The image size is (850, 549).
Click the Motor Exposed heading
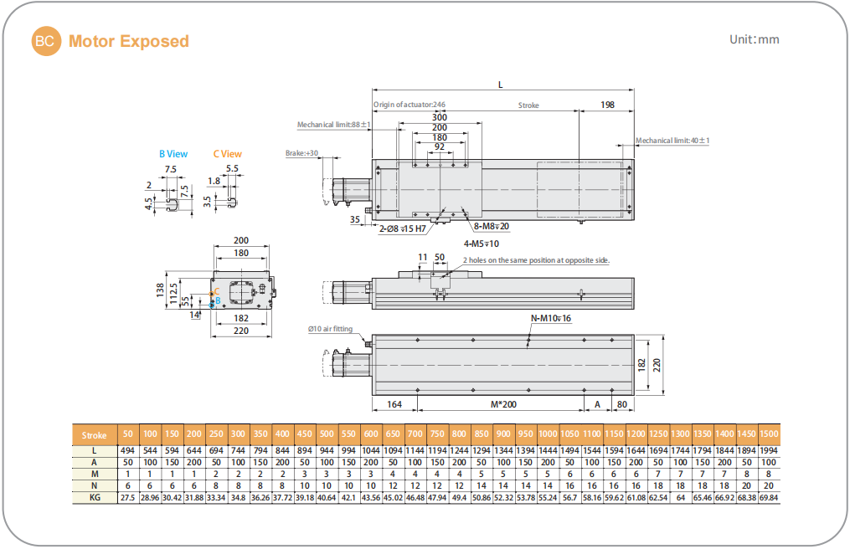[129, 41]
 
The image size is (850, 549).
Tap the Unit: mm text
[755, 39]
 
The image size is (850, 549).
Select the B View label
[173, 154]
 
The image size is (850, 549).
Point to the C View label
[227, 154]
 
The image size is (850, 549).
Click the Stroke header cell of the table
[94, 435]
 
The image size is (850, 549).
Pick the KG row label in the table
[94, 497]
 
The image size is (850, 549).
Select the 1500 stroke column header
[768, 435]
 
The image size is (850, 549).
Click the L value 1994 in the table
[768, 450]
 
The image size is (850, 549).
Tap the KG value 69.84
[768, 497]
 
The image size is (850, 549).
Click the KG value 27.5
[128, 497]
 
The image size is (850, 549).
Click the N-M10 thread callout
[551, 319]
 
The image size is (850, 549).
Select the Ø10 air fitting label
[331, 329]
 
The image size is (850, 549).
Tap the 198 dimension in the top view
[608, 105]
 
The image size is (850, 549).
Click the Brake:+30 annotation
[302, 154]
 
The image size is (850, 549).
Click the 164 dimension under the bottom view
[394, 403]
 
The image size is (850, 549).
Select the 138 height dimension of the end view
[161, 290]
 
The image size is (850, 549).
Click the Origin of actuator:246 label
[410, 105]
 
